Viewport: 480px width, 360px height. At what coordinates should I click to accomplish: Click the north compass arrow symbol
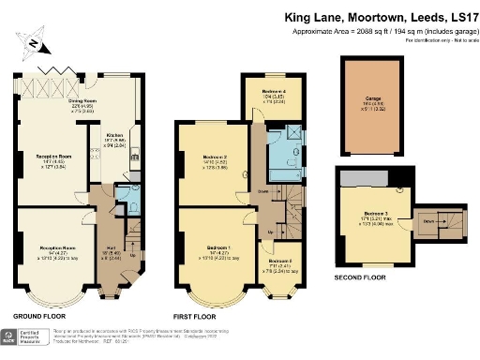tap(34, 40)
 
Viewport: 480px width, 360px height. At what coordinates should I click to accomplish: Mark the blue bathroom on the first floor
tap(280, 150)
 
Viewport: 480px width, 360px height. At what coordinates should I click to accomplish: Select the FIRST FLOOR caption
tap(200, 316)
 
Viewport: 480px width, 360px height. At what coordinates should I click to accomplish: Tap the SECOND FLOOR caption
tap(359, 277)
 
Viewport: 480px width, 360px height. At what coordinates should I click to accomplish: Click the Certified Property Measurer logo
tap(27, 338)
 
